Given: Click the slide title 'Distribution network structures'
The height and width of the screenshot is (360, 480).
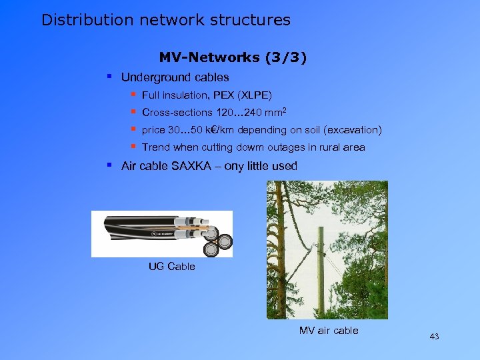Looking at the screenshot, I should click(x=166, y=20).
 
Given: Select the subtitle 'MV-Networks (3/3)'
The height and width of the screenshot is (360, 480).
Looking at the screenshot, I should click(x=233, y=58).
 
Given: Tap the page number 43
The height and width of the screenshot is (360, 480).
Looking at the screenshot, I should click(x=434, y=337).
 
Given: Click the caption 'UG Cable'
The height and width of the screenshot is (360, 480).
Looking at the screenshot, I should click(x=172, y=267).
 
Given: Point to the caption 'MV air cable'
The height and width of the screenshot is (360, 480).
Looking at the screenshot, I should click(x=329, y=331).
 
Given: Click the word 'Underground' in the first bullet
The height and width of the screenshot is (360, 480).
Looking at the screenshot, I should click(x=151, y=77).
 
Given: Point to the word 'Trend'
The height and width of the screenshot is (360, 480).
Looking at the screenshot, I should click(x=156, y=147).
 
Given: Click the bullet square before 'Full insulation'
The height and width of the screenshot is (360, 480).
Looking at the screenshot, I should click(x=133, y=95).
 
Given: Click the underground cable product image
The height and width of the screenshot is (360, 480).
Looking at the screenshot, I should click(x=162, y=234).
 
